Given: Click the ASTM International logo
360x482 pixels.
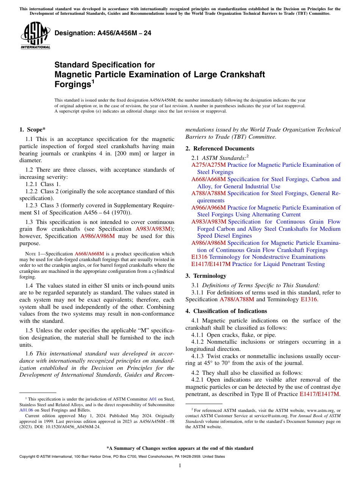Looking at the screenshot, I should (35, 36).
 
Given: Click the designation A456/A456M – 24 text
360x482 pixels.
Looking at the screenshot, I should (103, 33).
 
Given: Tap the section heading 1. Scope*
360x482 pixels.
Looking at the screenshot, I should (33, 130).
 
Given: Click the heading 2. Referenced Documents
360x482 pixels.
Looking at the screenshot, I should (220, 149).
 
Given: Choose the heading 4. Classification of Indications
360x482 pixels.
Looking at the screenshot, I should (226, 311).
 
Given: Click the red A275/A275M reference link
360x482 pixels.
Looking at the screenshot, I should (208, 165).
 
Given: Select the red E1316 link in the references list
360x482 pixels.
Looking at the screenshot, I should (199, 257).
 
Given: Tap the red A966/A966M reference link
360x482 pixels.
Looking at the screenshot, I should (208, 208).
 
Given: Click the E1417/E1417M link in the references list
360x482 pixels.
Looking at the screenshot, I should (211, 264).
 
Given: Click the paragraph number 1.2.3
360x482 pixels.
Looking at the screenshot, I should (32, 205).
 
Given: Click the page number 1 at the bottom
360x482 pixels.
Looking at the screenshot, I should (180, 466).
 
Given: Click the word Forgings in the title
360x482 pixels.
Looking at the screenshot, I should (72, 85).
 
